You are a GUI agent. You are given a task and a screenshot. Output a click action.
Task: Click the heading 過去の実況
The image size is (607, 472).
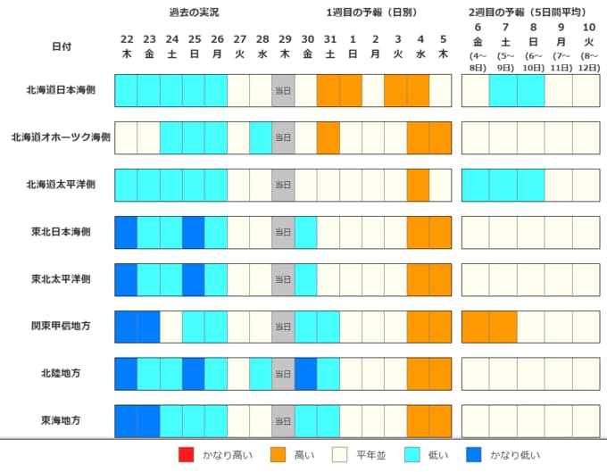194,13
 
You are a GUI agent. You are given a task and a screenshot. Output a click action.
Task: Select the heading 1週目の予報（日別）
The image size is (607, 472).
373,13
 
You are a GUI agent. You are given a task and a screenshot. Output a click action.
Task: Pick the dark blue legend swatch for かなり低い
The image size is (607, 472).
478,455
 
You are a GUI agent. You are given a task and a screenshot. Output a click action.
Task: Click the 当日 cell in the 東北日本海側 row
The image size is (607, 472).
283,232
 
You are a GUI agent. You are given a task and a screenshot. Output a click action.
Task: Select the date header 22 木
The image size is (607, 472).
126,46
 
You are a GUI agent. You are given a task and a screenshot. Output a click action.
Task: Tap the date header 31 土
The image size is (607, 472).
328,46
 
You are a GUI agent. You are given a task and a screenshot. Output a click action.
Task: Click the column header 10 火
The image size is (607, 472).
589,46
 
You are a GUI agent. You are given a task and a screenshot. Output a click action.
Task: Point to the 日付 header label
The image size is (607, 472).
62,46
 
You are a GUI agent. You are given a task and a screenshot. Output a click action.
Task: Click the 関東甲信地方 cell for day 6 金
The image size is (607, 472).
476,326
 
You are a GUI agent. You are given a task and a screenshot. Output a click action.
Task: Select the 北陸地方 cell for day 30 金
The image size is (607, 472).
306,372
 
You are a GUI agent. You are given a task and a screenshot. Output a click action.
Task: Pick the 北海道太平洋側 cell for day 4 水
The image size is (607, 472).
419,185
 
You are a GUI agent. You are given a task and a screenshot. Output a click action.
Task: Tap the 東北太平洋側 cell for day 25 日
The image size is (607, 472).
194,279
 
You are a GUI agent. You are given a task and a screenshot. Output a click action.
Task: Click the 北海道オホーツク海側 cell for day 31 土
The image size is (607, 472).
328,137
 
